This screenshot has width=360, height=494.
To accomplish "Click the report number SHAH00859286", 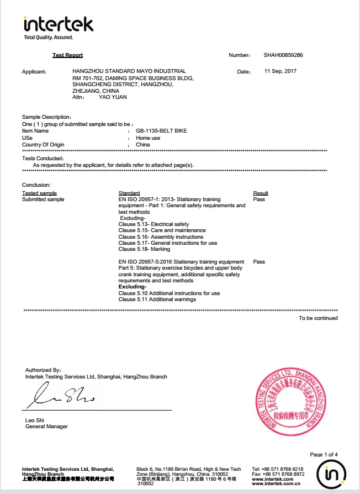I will pyautogui.click(x=283, y=55).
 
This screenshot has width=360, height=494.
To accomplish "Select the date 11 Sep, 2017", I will pyautogui.click(x=281, y=71).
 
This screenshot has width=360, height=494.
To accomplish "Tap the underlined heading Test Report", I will pyautogui.click(x=67, y=55).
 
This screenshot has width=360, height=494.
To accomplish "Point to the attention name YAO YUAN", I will pyautogui.click(x=113, y=97).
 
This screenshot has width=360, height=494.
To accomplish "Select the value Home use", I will pyautogui.click(x=148, y=138).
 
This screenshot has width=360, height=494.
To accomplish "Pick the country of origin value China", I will pyautogui.click(x=143, y=144).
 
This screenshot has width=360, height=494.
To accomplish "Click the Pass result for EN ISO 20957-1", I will pyautogui.click(x=259, y=199).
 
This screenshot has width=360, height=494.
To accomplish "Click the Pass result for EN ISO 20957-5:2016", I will pyautogui.click(x=259, y=261).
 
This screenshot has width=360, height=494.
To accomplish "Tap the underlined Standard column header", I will pyautogui.click(x=129, y=193).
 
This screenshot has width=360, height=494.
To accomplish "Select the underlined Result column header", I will pyautogui.click(x=261, y=193).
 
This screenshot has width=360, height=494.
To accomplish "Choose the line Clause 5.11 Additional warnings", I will pyautogui.click(x=157, y=299).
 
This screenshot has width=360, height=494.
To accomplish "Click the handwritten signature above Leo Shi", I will pyautogui.click(x=62, y=396).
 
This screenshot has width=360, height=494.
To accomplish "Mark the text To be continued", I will pyautogui.click(x=318, y=318).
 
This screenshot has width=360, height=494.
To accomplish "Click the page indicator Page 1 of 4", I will pyautogui.click(x=324, y=455).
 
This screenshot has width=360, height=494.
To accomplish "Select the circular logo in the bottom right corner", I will pyautogui.click(x=331, y=475).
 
